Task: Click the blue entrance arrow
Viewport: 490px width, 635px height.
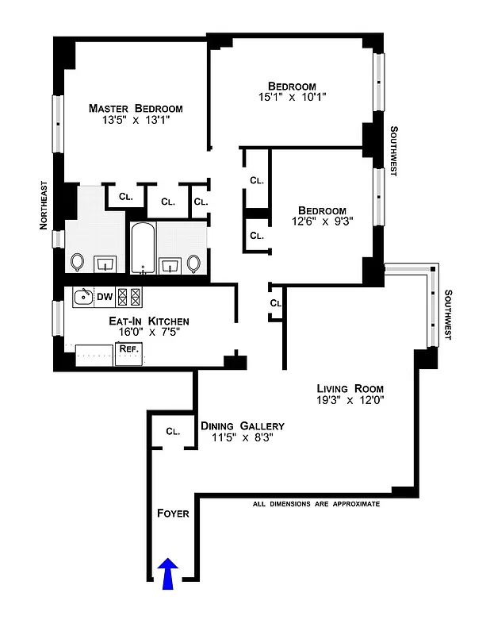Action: [x=168, y=573]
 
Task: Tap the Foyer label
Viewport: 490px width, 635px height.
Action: [x=173, y=514]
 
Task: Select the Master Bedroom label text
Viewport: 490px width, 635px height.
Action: [x=136, y=108]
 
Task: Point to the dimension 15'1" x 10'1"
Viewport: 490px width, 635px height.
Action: [x=291, y=97]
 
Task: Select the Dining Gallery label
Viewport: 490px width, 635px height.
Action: [x=242, y=425]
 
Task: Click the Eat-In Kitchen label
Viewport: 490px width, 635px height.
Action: [x=149, y=321]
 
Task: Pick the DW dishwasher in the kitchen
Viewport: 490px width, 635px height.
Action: [x=105, y=297]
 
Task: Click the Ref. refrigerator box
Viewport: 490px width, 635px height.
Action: [x=128, y=349]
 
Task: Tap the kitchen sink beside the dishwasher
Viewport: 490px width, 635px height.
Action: [x=82, y=298]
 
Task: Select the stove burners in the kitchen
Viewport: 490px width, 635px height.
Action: [x=128, y=297]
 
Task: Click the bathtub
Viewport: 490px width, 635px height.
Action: [x=142, y=248]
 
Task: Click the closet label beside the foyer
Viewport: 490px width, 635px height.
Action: [x=173, y=431]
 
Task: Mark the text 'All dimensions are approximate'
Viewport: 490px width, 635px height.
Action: [x=316, y=504]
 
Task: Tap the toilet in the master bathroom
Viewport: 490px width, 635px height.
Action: [x=78, y=261]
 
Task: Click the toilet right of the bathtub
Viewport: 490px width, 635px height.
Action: [x=194, y=263]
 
